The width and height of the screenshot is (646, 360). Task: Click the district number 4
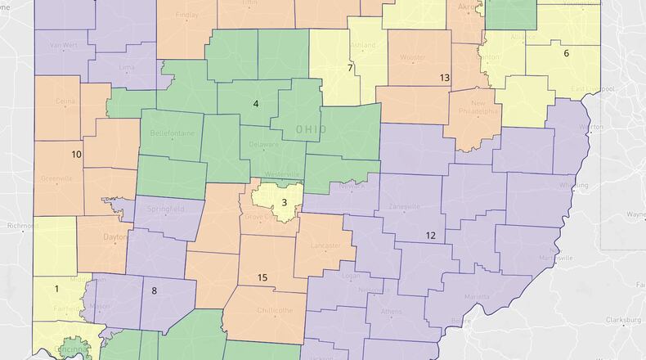tap(256, 104)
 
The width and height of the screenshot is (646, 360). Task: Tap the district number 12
tap(430, 235)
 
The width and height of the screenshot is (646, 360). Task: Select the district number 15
tap(262, 278)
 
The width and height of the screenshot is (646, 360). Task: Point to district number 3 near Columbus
tap(284, 202)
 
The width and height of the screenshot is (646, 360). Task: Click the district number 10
tap(76, 154)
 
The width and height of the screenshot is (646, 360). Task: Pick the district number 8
tap(154, 290)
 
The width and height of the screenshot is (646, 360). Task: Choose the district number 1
tap(56, 288)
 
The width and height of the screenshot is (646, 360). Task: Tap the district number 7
tap(350, 67)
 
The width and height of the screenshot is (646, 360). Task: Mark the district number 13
tap(445, 78)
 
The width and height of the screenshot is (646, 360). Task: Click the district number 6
tap(566, 53)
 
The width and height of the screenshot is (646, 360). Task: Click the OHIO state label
tap(310, 129)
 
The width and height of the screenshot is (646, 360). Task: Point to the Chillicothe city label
tap(275, 310)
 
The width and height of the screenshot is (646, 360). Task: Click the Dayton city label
tap(116, 236)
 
